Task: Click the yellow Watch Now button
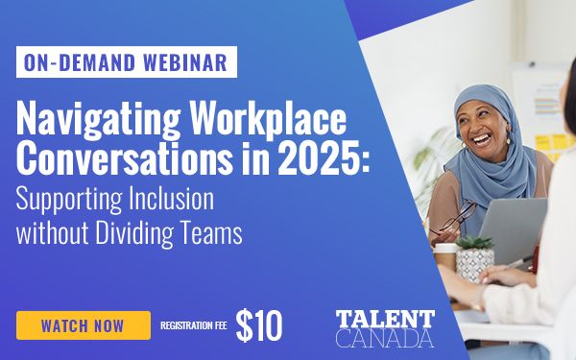point(83,325)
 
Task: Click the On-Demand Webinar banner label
point(126,63)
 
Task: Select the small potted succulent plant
point(473,257)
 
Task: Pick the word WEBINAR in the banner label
point(187,63)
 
